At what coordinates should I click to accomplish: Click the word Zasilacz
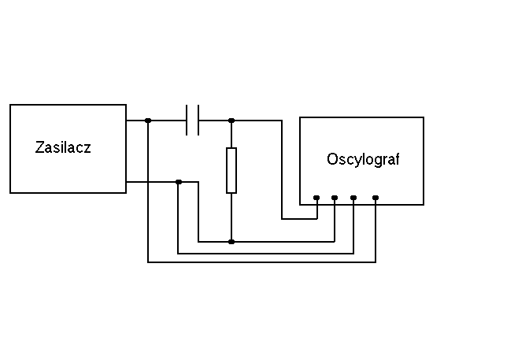coord(63,147)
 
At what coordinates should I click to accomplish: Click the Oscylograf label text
coord(363,159)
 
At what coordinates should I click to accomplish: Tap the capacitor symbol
coord(193,121)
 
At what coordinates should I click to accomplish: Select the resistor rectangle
coord(231,169)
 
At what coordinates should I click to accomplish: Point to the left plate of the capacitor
coord(187,121)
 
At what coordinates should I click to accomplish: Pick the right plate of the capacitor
coord(198,121)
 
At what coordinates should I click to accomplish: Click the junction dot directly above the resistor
coord(231,121)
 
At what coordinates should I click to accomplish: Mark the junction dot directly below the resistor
coord(231,241)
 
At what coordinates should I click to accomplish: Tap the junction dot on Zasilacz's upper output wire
coord(148,121)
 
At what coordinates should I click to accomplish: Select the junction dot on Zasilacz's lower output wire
coord(179,182)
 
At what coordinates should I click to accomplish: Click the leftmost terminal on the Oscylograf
coord(316,197)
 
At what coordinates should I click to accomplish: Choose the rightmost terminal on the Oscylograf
coord(376,197)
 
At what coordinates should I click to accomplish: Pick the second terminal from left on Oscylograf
coord(335,197)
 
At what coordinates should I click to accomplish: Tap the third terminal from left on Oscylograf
coord(353,197)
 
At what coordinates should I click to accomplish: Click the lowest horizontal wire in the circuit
coord(260,262)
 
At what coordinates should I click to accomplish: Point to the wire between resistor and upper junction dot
coord(231,134)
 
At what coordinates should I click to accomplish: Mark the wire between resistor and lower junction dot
coord(231,217)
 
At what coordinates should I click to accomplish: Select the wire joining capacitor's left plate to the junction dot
coord(168,121)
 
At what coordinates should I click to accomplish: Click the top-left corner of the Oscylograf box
coord(300,117)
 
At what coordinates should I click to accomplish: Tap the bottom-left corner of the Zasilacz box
coord(10,192)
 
